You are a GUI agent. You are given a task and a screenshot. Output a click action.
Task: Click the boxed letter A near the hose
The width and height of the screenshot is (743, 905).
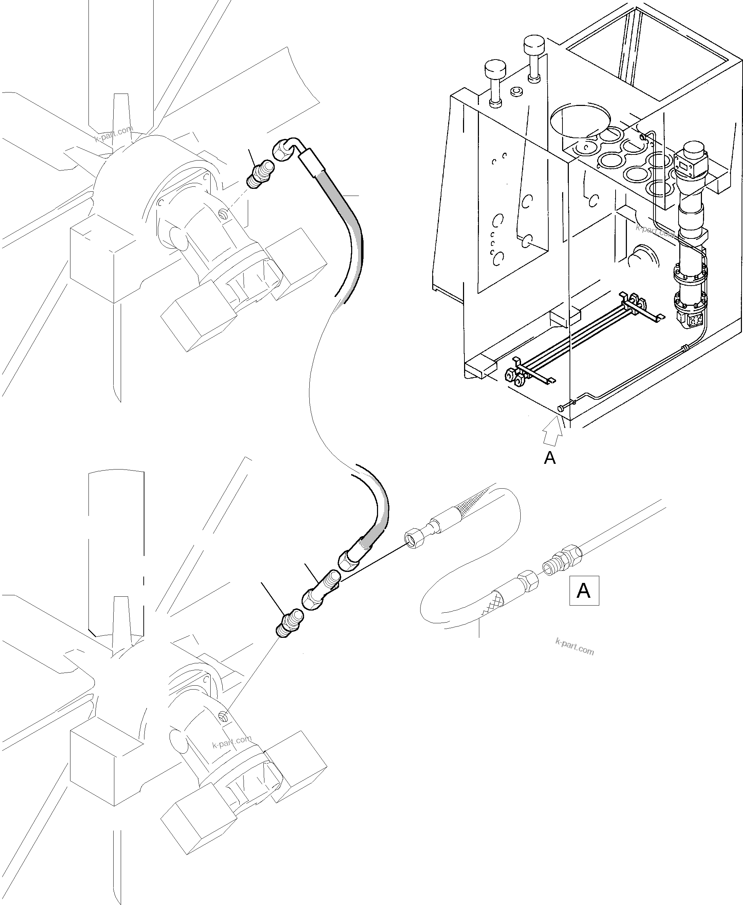584,591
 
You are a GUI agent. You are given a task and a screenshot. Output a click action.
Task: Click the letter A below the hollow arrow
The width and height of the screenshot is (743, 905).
549,458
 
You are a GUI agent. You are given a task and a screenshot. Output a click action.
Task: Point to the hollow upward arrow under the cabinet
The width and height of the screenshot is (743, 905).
552,433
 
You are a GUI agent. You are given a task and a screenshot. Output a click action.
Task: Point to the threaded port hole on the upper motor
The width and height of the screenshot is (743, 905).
221,213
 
